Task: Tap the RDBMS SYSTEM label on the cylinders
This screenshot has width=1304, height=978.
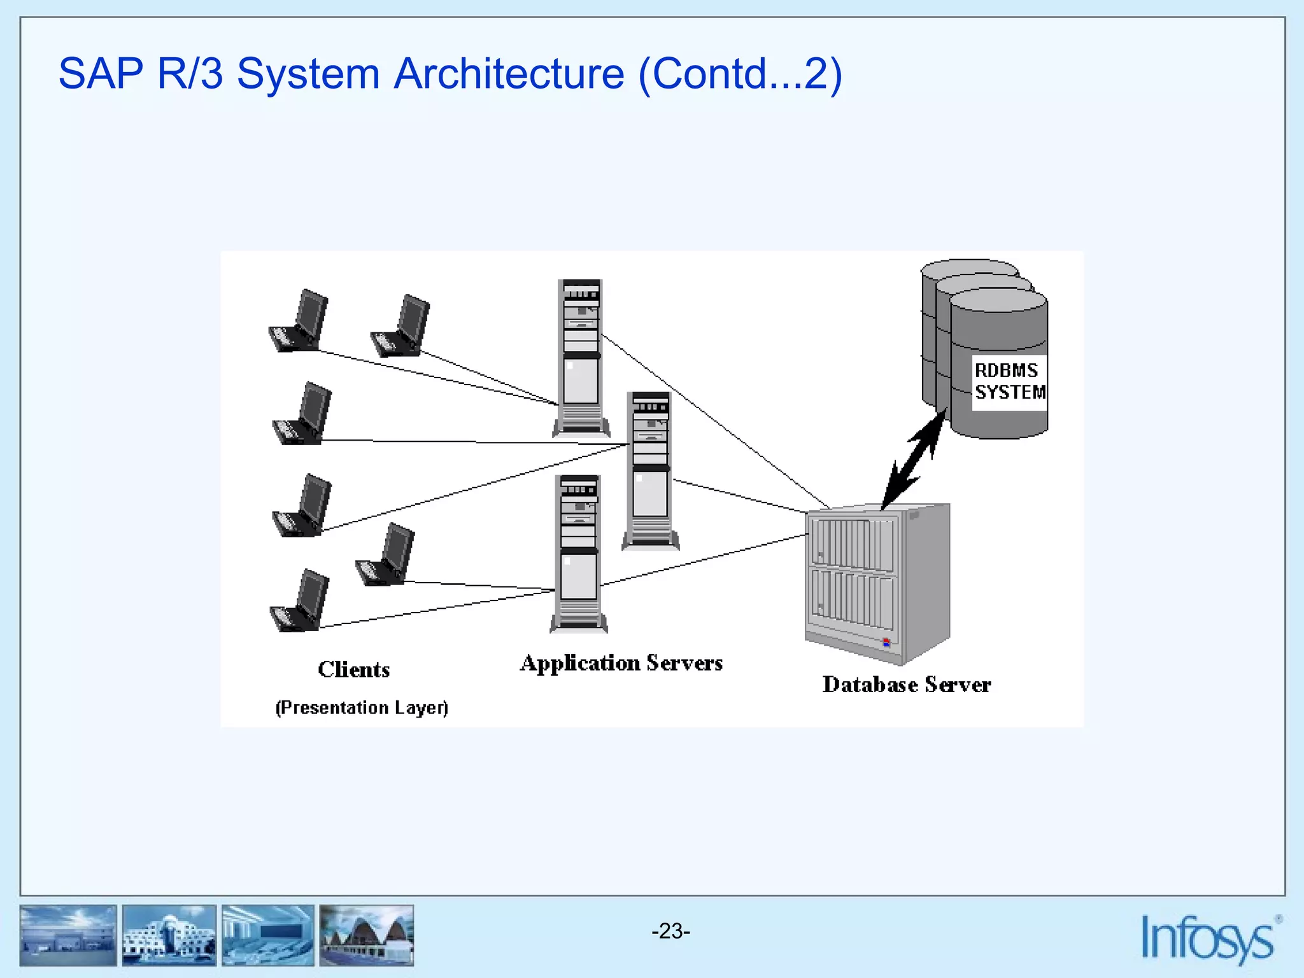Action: click(x=1009, y=381)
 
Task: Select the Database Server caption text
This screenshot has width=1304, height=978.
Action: click(x=906, y=684)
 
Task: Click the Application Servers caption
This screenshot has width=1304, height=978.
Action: click(x=621, y=663)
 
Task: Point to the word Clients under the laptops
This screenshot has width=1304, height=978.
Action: click(x=353, y=669)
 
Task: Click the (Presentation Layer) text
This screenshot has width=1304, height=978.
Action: click(x=362, y=707)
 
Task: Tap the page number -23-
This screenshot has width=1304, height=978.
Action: click(x=670, y=932)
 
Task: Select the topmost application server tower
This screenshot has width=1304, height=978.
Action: click(x=581, y=357)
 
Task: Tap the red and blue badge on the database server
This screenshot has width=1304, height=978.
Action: click(x=886, y=642)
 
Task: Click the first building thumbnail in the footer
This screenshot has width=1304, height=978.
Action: click(x=68, y=935)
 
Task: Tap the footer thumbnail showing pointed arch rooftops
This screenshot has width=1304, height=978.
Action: click(x=367, y=935)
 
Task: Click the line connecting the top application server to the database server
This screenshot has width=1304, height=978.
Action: click(x=713, y=420)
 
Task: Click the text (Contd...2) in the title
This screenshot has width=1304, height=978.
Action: click(x=739, y=74)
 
